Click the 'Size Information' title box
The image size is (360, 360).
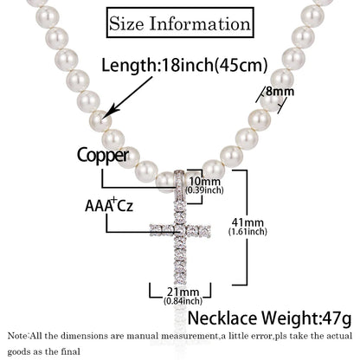180,22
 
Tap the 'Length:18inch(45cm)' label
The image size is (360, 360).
184,65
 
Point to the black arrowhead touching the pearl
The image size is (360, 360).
111,112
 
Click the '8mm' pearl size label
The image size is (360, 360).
280,91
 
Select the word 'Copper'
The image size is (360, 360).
103,156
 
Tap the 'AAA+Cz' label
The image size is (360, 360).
109,205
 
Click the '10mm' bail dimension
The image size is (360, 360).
204,182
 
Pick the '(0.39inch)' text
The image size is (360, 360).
204,190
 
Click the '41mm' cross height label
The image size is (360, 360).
247,222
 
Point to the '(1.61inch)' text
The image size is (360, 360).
247,231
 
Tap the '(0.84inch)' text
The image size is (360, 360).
183,301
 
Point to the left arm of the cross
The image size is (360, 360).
162,230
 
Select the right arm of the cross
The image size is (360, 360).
199,230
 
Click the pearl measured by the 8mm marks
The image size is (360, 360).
272,101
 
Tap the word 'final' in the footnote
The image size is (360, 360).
70,351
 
